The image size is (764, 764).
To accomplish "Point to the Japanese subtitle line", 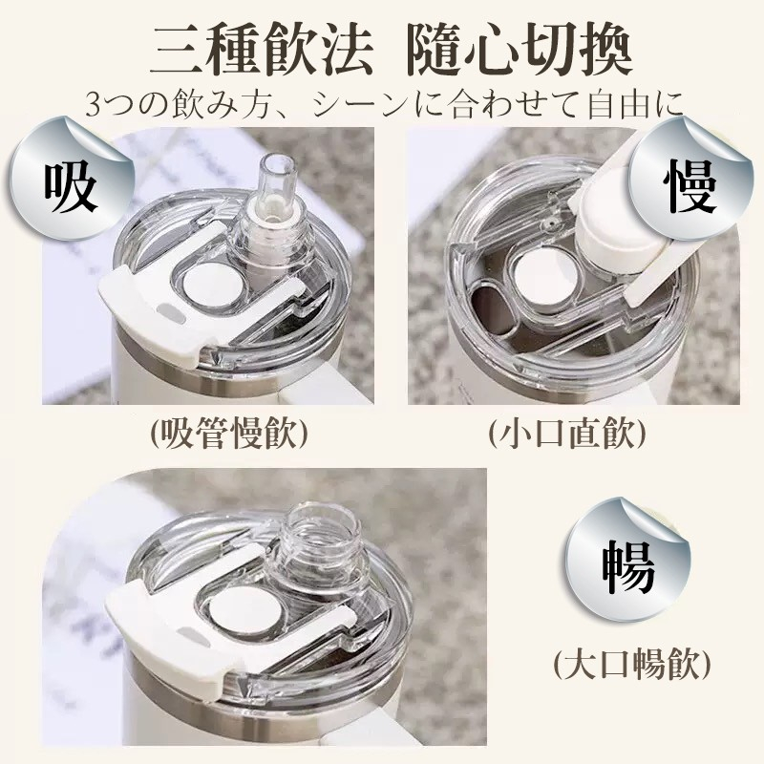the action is [385, 104].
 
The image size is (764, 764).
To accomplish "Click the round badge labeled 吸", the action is [71, 180].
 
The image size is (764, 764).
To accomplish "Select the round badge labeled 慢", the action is [690, 180].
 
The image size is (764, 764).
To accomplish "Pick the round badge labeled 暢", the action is [628, 561].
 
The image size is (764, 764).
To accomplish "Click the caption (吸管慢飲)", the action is [229, 434].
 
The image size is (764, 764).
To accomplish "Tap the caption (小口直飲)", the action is [566, 434].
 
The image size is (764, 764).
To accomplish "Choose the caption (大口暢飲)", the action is [632, 663].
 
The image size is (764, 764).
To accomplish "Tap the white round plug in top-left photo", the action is [212, 286].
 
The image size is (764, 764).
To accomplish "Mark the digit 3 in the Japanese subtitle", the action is [93, 105].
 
